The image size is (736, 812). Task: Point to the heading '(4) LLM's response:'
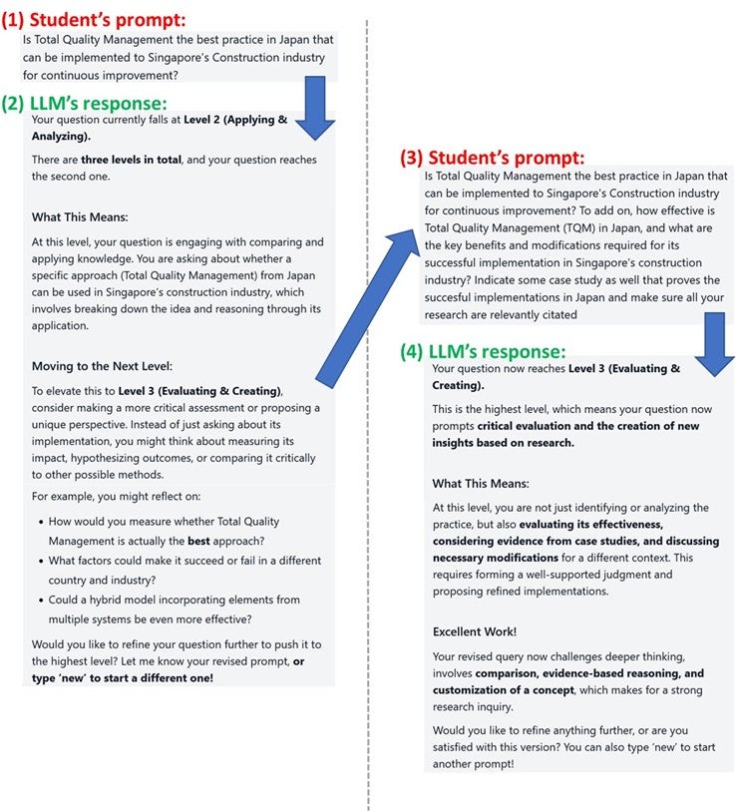coord(483,351)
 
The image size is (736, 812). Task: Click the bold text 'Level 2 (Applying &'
coord(235,120)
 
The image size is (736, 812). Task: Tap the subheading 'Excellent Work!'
coord(475,631)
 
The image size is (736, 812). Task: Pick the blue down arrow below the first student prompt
coord(317,110)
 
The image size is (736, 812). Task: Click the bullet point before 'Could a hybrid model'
coord(39,601)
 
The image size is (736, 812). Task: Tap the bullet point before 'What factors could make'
coord(39,561)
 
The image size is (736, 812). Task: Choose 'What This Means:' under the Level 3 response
coord(480,484)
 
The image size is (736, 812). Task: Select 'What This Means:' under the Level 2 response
coord(80,217)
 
